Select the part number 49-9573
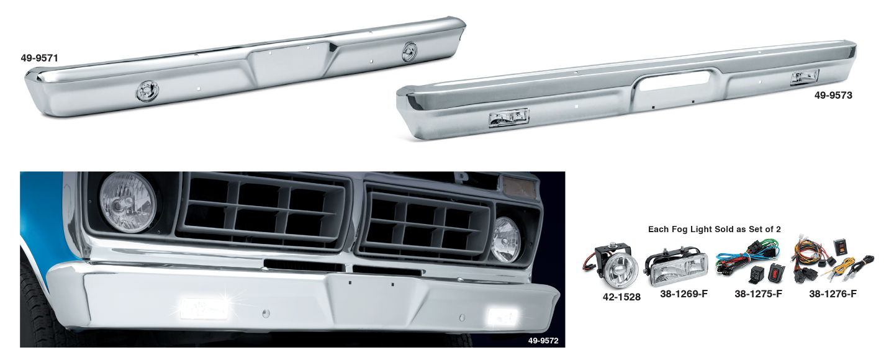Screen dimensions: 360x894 pos(833,96)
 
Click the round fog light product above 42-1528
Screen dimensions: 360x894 pos(612,269)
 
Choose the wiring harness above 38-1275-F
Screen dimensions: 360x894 pos(749,264)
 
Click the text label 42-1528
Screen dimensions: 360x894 pos(621,297)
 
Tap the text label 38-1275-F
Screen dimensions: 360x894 pos(758,294)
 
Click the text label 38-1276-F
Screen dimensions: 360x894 pos(833,294)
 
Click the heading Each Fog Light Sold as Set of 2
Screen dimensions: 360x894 pos(714,229)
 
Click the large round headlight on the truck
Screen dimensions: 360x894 pos(128,202)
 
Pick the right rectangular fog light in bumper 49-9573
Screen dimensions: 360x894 pos(805,78)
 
